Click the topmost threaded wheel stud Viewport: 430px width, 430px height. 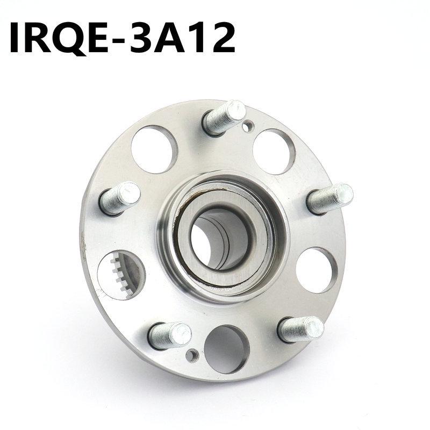(224, 118)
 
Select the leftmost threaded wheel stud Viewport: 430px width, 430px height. (120, 197)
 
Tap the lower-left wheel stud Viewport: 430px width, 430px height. (169, 334)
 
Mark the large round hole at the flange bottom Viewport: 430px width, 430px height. (226, 349)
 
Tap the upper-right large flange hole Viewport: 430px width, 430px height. (274, 152)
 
